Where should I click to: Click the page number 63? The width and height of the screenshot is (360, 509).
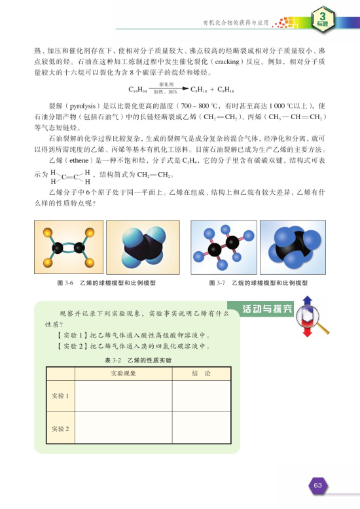(x=319, y=485)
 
